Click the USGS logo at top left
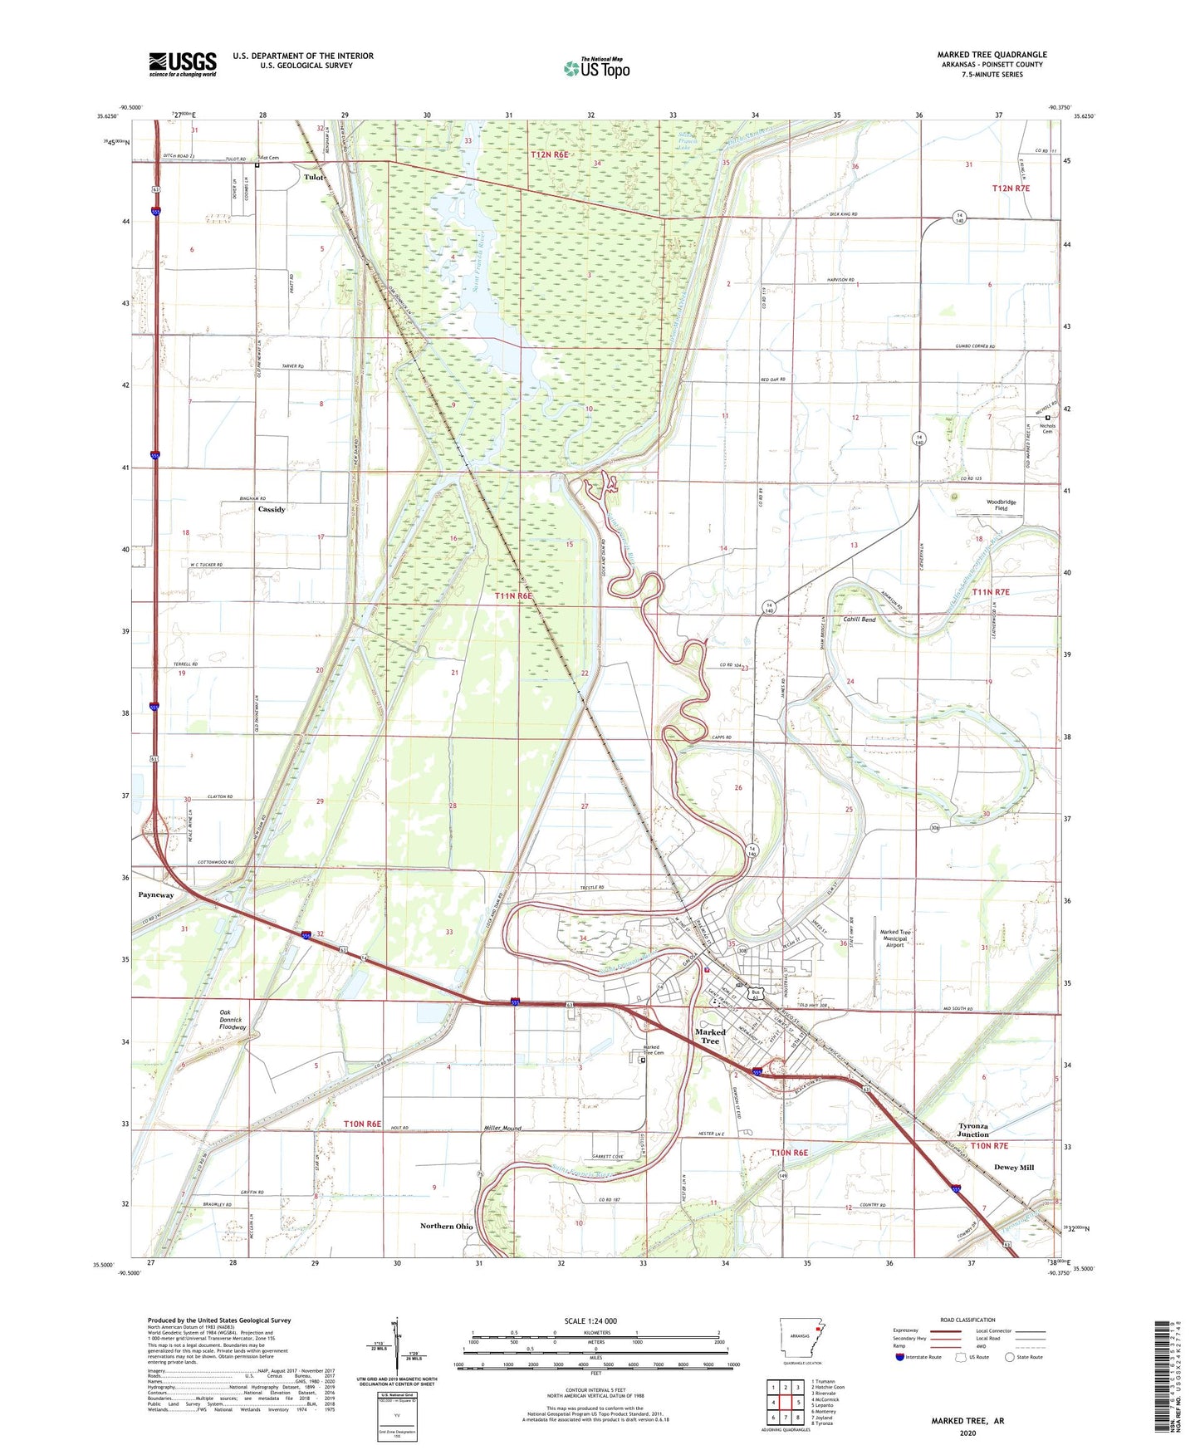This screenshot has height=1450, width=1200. pos(183,63)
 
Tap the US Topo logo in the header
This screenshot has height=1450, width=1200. pos(595,68)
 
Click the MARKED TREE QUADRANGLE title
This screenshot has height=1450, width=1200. pos(992,55)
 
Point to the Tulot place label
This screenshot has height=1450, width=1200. pos(313,177)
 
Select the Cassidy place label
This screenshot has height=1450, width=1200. pos(272,509)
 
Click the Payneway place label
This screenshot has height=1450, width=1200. pos(156,895)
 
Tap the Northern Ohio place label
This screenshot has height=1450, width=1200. pos(446,1226)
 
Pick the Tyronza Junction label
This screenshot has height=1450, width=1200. pos(972,1130)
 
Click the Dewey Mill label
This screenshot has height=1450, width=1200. pos(1014,1167)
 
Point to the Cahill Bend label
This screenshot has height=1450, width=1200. pos(859,620)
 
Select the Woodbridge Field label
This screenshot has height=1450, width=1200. pos(1001,505)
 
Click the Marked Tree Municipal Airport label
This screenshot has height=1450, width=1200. pos(894,938)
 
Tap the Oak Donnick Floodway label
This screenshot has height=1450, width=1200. pos(233,1020)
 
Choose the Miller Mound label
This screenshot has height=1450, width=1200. pos(502,1128)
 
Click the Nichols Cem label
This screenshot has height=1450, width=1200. pos(1047,428)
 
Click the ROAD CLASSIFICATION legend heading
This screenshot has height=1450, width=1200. pos(967,1320)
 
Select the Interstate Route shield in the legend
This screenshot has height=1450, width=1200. pos(900,1357)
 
